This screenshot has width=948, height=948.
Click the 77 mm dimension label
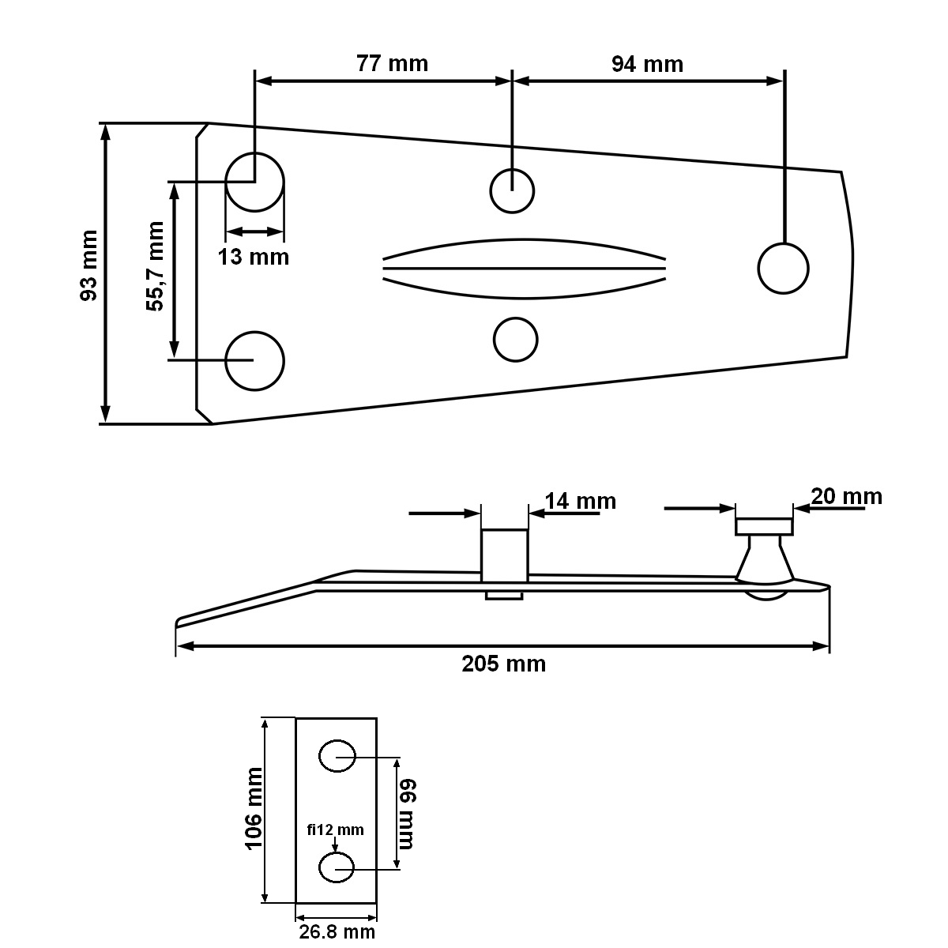point(392,64)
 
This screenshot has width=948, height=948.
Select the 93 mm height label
point(89,265)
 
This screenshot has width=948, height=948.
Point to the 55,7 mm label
point(155,266)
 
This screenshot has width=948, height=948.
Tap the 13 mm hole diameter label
point(254,257)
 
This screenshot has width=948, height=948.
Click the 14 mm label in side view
point(581,502)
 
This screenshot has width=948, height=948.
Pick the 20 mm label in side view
point(847,496)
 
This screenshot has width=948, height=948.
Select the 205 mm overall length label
point(504,664)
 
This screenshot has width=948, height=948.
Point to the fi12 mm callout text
point(336,830)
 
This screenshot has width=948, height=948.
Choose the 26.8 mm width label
point(337,931)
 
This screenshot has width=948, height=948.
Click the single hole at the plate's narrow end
point(783,269)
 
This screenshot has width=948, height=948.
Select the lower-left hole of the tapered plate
point(255,361)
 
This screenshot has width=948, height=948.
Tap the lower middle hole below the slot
point(516,340)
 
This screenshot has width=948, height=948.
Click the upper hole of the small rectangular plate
point(337,756)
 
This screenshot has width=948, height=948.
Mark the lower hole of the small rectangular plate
point(337,868)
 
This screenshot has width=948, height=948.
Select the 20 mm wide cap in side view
point(765,526)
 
